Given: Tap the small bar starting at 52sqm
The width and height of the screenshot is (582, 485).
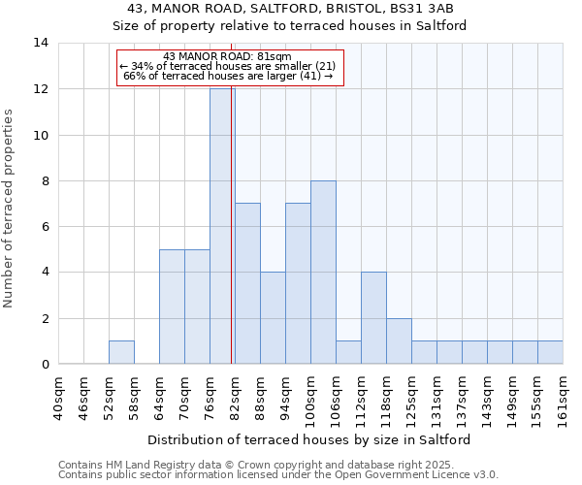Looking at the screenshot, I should [121, 352].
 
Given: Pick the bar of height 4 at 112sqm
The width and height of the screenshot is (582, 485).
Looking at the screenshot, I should [373, 317].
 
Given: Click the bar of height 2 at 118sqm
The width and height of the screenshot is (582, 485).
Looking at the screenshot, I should [399, 340].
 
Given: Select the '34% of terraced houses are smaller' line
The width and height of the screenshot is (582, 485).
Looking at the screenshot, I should [227, 66].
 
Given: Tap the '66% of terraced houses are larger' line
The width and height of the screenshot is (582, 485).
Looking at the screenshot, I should [229, 76].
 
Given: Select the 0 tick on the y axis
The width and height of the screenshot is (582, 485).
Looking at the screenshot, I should [45, 364].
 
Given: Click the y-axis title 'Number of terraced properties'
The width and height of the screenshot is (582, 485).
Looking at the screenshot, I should [9, 208].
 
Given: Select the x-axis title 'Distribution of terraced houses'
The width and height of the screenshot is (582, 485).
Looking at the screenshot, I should [310, 439].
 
